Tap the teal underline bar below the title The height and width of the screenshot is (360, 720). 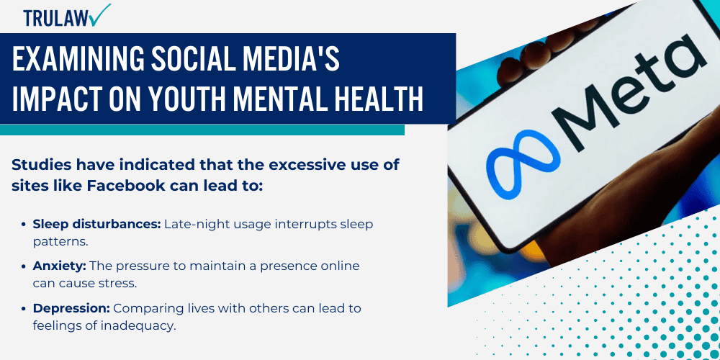coord(202,130)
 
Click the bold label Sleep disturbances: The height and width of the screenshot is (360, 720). coord(96,224)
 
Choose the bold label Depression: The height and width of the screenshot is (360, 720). coord(71,308)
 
